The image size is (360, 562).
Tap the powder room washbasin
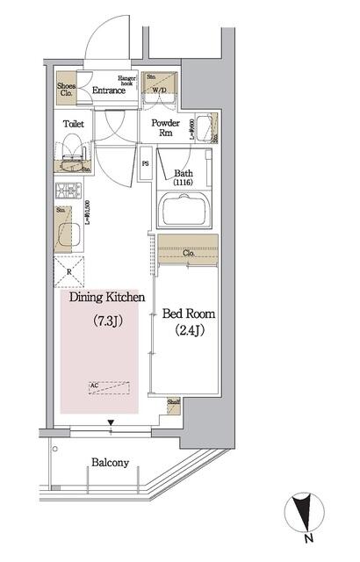click(x=203, y=129)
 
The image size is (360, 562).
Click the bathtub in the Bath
click(x=185, y=210)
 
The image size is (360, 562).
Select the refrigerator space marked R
click(x=69, y=272)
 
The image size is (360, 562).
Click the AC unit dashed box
click(x=109, y=385)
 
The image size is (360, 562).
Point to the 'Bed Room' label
click(x=188, y=313)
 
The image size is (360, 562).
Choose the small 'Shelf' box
click(x=174, y=405)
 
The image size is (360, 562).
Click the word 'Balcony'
click(x=110, y=463)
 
